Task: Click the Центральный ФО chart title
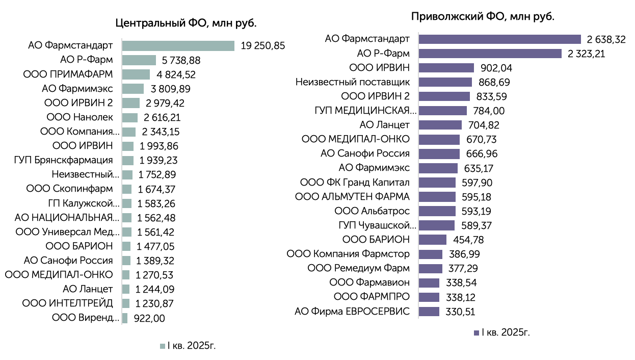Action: [x=186, y=23]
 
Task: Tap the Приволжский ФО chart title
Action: [x=483, y=16]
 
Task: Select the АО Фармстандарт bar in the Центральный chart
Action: [x=178, y=46]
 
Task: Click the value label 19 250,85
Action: [x=263, y=46]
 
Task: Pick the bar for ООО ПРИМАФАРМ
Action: [x=136, y=74]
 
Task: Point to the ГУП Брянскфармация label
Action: [x=63, y=160]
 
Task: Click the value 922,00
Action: [x=149, y=318]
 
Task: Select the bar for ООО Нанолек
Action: [x=130, y=117]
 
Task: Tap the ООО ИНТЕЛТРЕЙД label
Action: [x=67, y=303]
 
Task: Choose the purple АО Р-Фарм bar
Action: [x=490, y=54]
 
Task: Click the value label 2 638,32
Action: [x=606, y=39]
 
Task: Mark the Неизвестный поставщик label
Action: [x=352, y=82]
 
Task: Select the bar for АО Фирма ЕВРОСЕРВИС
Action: [x=429, y=312]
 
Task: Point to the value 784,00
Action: [x=489, y=111]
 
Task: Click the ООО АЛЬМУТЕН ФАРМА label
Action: [x=352, y=197]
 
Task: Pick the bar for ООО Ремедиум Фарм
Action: [x=431, y=268]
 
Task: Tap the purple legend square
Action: [x=476, y=333]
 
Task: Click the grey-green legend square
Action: [x=163, y=346]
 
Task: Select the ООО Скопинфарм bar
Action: [x=127, y=189]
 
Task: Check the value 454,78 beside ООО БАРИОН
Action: [x=468, y=240]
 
